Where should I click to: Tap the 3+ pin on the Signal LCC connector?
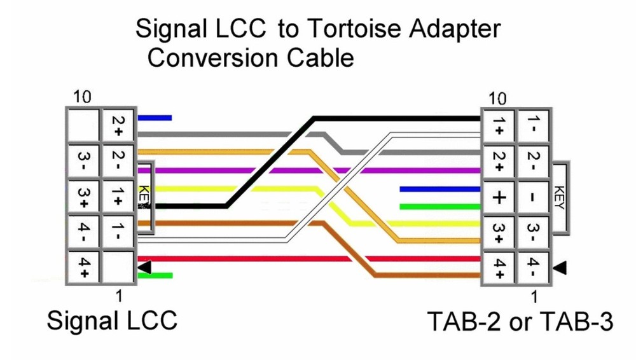point(83,197)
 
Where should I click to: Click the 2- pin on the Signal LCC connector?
point(118,162)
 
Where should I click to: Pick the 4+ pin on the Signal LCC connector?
point(83,268)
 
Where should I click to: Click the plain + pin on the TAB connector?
point(499,197)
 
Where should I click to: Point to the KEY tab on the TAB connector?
point(560,198)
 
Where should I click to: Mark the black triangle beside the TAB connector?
point(560,268)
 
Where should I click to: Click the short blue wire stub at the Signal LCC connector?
point(155,118)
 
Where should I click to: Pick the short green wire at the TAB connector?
point(440,207)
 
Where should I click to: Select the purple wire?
point(309,171)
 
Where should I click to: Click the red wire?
point(309,258)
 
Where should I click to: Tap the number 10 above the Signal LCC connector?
point(82,97)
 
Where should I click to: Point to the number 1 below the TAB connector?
point(535,297)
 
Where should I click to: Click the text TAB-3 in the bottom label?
point(577,321)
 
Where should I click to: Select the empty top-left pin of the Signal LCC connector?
point(83,125)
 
